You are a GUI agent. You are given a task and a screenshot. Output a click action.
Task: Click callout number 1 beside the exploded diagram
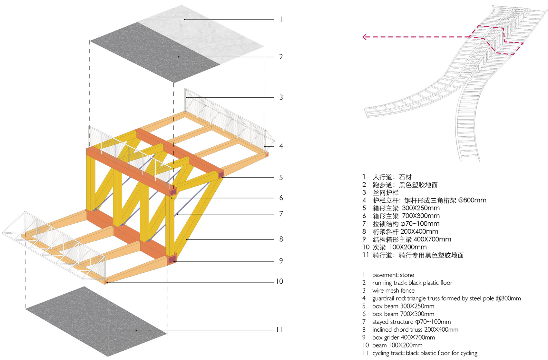[x=281, y=19]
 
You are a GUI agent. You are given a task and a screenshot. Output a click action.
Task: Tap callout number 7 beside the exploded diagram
[x=281, y=214]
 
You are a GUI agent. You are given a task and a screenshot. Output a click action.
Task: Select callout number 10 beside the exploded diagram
[x=279, y=281]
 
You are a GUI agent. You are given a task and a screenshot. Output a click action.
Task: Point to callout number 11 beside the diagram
[x=279, y=330]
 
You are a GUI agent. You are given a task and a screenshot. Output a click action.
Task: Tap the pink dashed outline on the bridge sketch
[x=496, y=40]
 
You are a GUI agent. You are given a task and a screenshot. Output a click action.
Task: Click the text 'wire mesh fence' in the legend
[x=393, y=290]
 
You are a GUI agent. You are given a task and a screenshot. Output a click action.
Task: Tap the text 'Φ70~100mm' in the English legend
[x=433, y=322]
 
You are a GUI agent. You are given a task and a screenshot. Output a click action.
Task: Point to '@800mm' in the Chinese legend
[x=472, y=200]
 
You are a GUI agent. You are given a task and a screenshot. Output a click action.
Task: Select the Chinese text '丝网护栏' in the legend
[x=386, y=192]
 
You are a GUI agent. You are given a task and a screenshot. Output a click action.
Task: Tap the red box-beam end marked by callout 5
[x=221, y=175]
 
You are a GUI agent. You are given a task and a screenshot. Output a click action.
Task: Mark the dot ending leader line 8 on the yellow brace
[x=187, y=239]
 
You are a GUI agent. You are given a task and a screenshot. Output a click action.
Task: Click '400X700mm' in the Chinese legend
[x=432, y=239]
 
